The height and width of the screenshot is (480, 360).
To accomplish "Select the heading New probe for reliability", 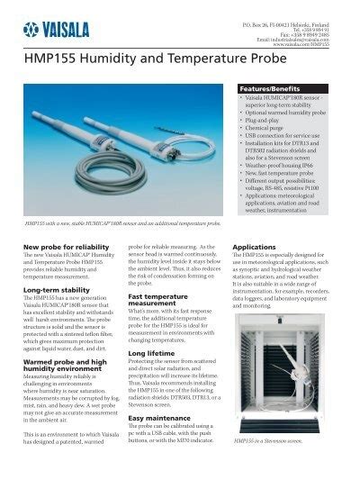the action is [x=65, y=246].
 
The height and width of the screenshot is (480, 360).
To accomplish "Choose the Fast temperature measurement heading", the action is [x=163, y=301].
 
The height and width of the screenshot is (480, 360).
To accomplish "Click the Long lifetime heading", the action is [x=152, y=355].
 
